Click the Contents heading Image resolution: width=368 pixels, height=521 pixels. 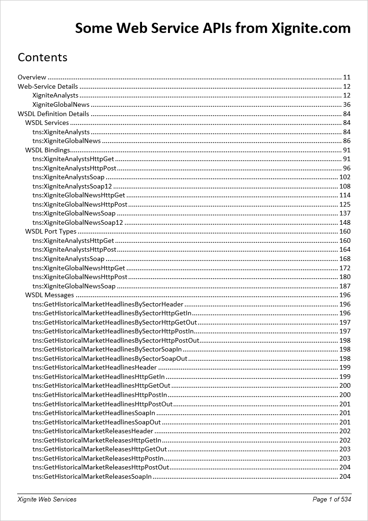coord(43,57)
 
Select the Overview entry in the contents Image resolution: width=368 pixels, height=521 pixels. coord(32,77)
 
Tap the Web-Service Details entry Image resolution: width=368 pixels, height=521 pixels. coord(48,86)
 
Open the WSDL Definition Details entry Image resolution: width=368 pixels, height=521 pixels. coord(53,114)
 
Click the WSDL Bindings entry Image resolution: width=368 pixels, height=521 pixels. coord(48,150)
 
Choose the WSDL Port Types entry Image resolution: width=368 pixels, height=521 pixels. coord(51,231)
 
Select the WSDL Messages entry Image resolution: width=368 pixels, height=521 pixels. coord(50,295)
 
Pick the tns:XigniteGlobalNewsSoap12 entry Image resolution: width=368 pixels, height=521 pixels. coord(77,222)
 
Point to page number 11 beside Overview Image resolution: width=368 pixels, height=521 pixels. coord(347,77)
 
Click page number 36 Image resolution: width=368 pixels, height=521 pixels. coord(347,104)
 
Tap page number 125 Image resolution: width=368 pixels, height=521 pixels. coord(345,204)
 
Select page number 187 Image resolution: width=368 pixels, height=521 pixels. coord(345,286)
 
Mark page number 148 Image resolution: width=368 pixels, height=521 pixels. coord(345,222)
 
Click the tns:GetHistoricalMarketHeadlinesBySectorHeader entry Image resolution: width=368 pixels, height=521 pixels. coord(108,304)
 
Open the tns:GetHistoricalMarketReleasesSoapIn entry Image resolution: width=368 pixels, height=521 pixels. coord(92,476)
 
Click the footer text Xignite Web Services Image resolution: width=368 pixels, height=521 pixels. coord(47,499)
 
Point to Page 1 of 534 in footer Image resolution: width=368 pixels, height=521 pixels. coord(332,499)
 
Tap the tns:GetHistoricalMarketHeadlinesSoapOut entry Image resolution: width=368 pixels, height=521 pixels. coord(97,422)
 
